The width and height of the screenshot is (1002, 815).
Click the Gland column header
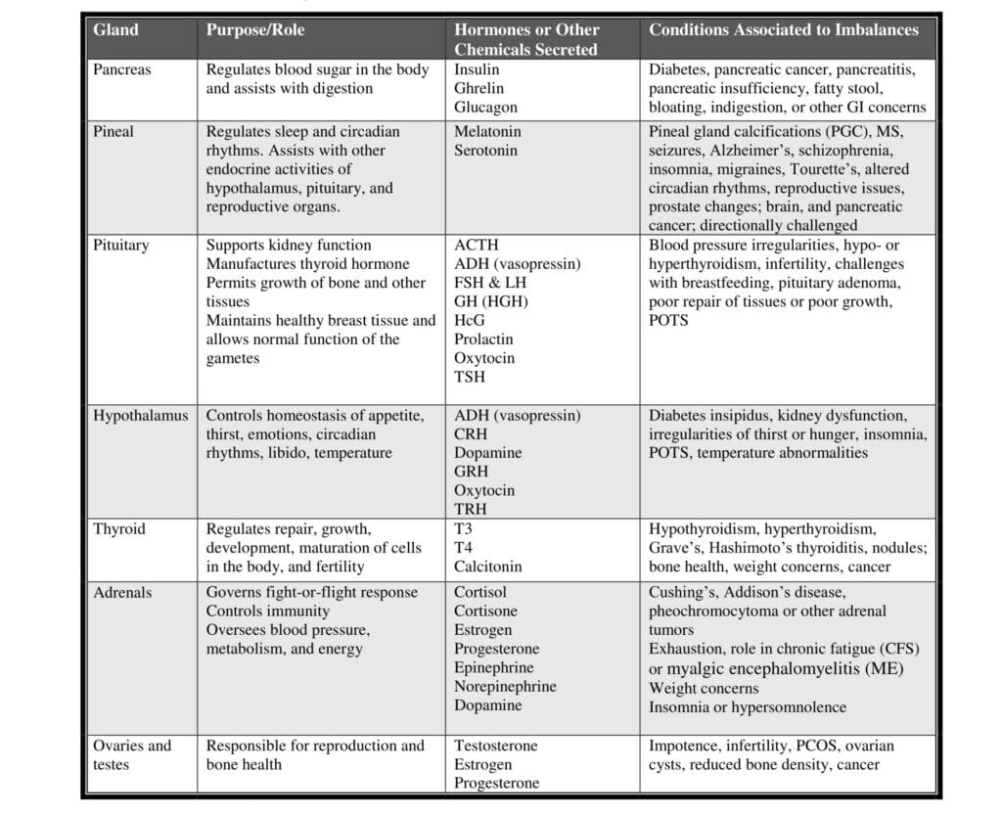pos(115,30)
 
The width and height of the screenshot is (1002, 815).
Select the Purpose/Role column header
pos(254,30)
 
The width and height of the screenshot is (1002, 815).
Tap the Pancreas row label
pos(122,70)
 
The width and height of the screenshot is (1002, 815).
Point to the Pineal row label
pos(114,131)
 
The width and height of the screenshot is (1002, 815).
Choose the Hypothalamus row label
pos(140,416)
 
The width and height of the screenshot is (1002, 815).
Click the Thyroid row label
pos(119,529)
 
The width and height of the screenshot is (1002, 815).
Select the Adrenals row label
pos(122,592)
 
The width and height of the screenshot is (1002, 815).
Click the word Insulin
pos(477,70)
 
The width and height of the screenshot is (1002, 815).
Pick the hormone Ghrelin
pos(479,89)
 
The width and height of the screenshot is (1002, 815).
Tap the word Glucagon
pos(485,108)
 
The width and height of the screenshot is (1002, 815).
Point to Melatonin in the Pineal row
pos(487,131)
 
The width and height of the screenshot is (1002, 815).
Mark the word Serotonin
pos(485,151)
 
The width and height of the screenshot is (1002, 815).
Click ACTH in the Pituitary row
pos(476,246)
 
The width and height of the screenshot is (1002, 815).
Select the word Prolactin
pos(483,340)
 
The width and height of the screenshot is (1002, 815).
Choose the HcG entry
pos(470,321)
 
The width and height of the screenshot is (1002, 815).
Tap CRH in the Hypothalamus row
pos(471,434)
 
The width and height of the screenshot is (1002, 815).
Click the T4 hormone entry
pos(463,548)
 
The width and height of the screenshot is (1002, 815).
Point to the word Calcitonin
pos(487,566)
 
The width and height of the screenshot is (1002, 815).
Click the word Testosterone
pos(495,746)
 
